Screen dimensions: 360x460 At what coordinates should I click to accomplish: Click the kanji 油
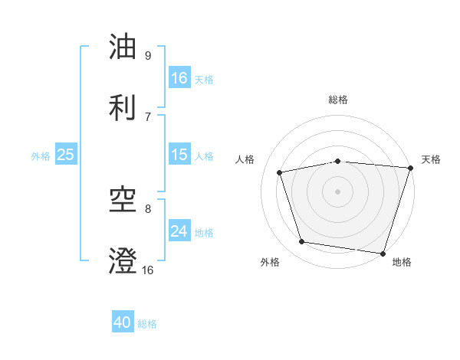click(x=123, y=47)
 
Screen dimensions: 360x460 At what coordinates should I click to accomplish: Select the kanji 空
click(x=123, y=201)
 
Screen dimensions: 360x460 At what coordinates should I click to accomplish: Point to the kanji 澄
click(x=123, y=261)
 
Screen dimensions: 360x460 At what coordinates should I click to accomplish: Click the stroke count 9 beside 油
click(x=147, y=55)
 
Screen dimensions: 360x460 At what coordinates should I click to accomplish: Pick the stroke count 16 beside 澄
click(x=147, y=270)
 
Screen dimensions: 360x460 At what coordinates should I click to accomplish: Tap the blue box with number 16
click(x=179, y=77)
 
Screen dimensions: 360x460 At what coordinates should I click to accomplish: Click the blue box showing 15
click(x=179, y=155)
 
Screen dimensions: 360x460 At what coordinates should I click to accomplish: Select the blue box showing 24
click(x=179, y=231)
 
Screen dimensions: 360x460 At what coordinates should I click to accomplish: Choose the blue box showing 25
click(x=66, y=155)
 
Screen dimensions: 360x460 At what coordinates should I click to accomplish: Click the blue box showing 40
click(x=123, y=322)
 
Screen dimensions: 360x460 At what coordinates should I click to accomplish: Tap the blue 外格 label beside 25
click(x=41, y=156)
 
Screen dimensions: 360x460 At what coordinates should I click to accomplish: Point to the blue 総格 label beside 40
click(x=147, y=324)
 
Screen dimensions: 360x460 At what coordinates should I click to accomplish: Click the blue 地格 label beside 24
click(x=204, y=233)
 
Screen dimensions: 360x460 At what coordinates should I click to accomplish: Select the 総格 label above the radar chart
click(x=338, y=100)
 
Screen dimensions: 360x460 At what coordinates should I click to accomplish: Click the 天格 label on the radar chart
click(x=431, y=159)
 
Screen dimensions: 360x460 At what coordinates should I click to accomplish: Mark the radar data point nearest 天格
click(x=409, y=168)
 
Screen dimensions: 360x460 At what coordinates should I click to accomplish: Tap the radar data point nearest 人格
click(x=280, y=172)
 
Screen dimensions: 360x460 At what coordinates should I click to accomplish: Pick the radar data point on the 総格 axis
click(x=338, y=161)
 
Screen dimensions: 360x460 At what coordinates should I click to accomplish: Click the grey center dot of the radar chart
click(x=338, y=191)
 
